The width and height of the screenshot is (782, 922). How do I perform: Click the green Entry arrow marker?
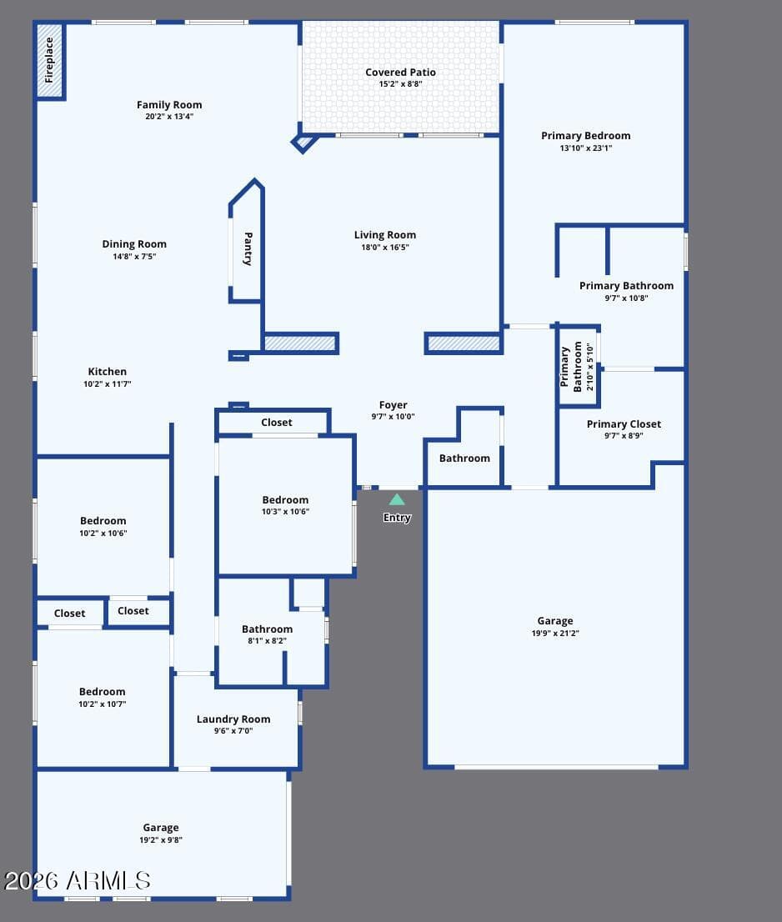[397, 499]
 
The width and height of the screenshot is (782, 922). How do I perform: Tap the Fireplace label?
[49, 60]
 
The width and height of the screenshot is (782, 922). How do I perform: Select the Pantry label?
[248, 248]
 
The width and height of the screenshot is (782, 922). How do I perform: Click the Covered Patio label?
[400, 73]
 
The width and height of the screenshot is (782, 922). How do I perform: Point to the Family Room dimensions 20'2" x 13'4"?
[169, 117]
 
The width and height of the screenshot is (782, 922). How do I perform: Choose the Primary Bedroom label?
[585, 136]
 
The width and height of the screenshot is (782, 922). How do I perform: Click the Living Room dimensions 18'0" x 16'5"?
[385, 248]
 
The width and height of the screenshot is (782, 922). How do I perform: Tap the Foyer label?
[394, 405]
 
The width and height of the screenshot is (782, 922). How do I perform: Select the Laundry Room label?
[233, 719]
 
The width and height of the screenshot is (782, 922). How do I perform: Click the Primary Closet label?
[624, 424]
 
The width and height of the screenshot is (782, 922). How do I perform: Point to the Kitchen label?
[107, 372]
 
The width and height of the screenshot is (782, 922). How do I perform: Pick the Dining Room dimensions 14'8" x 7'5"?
[135, 257]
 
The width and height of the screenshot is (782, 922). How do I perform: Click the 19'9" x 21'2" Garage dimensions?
[555, 634]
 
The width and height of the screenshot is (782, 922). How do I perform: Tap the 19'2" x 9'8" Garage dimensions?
[161, 839]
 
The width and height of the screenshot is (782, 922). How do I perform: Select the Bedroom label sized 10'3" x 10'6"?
[285, 500]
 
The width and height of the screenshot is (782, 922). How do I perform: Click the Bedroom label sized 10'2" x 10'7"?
[103, 692]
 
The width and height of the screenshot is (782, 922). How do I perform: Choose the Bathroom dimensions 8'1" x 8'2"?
[267, 641]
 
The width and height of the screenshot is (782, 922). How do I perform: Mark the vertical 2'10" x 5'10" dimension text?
[590, 367]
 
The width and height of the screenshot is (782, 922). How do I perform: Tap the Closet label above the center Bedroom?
[276, 422]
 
